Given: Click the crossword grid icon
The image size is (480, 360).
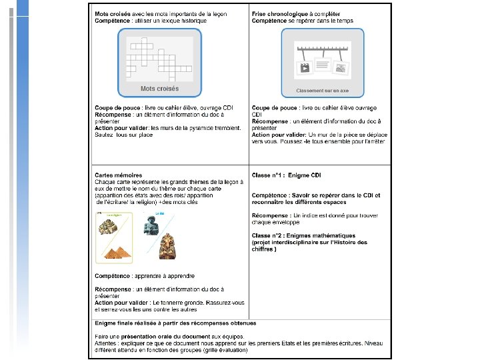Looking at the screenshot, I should (x=159, y=59).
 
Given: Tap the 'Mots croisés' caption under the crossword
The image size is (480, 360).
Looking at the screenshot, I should (x=159, y=88).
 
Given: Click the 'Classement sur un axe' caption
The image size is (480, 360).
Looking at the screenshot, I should (x=322, y=90).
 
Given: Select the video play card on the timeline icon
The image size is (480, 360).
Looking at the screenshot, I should (x=305, y=68).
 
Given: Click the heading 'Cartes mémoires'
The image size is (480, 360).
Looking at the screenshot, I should (x=118, y=175).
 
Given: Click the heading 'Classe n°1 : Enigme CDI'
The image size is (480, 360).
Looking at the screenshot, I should (x=286, y=175).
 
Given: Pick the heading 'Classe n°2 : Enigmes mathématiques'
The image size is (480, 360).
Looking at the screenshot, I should (x=303, y=236).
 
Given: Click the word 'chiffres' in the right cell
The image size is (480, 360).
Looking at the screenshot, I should (x=263, y=249).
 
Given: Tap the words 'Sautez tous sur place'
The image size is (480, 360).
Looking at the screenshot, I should (x=124, y=134).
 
